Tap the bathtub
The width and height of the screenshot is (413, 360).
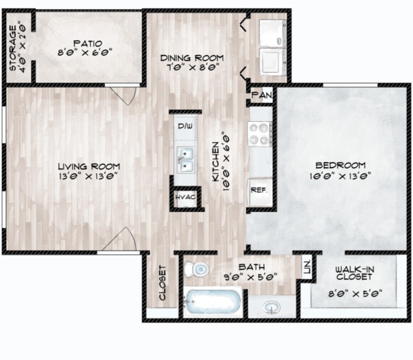pos(213,302)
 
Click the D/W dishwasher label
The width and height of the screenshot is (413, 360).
pos(185,126)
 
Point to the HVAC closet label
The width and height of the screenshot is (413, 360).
pos(186,197)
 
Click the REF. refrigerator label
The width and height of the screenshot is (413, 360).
pos(259,190)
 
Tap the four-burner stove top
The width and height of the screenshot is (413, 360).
pos(259,134)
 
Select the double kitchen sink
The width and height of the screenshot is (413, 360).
pos(186,160)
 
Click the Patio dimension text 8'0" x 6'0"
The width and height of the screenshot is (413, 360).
pos(85,52)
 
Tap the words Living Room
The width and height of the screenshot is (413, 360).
pos(89,167)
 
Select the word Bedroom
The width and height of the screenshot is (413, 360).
pos(340,165)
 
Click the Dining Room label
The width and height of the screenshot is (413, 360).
pos(192,58)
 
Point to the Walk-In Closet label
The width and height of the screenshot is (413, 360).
pos(354,273)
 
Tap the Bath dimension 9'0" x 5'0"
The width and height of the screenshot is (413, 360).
pos(251,277)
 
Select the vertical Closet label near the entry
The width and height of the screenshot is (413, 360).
pos(163,283)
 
